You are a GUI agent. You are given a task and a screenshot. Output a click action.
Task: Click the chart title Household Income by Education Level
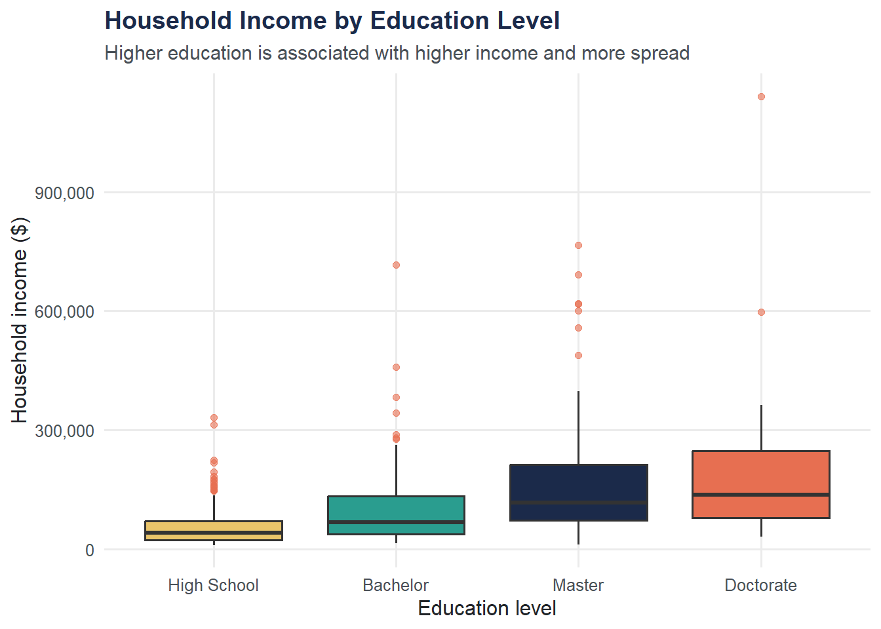click(332, 21)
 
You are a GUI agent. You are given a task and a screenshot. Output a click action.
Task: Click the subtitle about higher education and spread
click(397, 53)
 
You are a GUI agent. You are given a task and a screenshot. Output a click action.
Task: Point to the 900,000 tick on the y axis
click(64, 193)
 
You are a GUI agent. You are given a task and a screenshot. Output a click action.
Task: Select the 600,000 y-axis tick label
click(64, 312)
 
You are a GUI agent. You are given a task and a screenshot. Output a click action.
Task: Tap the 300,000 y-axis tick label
click(64, 431)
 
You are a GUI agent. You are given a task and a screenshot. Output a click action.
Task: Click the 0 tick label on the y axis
click(90, 550)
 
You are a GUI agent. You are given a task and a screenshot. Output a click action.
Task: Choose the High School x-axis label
click(213, 585)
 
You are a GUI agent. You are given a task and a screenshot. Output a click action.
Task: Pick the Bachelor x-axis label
click(395, 585)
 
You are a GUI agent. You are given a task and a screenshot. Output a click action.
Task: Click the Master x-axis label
click(578, 585)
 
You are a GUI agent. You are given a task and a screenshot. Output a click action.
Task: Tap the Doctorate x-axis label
click(760, 585)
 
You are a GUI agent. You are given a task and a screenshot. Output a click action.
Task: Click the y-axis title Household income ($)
click(20, 320)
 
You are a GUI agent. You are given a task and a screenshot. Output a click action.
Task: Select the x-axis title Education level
click(486, 609)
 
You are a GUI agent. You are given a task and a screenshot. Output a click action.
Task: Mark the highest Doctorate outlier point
click(761, 97)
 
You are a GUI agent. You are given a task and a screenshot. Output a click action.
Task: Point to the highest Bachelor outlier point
click(396, 265)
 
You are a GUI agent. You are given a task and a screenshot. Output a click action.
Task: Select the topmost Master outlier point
click(578, 246)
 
